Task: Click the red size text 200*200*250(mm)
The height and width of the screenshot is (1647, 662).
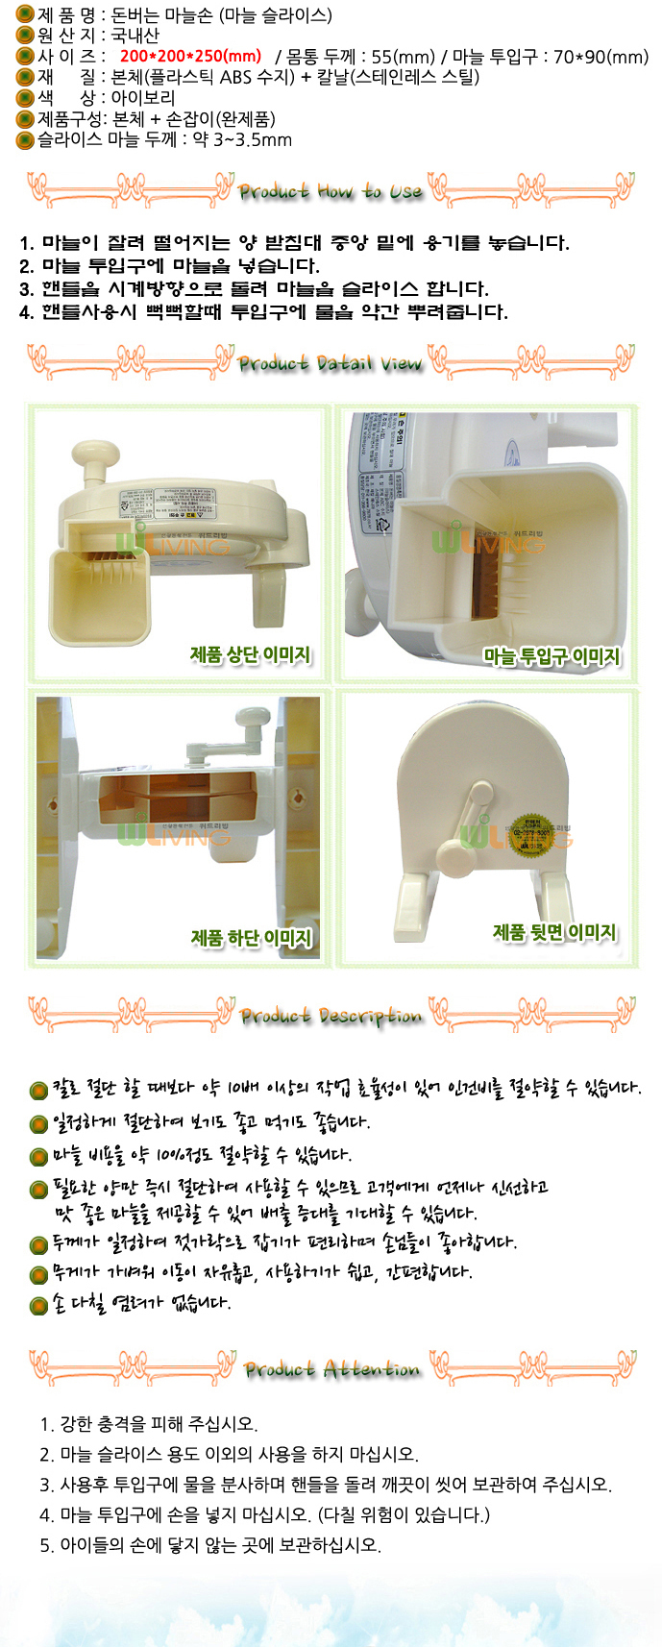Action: pos(190,57)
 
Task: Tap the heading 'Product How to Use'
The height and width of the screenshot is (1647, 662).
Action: pos(330,191)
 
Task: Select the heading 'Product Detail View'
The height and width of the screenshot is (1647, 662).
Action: pos(330,363)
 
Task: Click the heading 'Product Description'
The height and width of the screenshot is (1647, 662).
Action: pos(331,1015)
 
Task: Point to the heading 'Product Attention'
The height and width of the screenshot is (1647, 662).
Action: pos(331,1368)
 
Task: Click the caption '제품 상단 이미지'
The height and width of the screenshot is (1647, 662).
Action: pos(251,655)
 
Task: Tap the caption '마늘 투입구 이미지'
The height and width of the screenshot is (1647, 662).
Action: pos(552,656)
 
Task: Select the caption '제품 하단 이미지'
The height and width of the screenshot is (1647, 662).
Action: pos(252,938)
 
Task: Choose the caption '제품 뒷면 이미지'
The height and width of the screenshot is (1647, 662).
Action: pos(554,932)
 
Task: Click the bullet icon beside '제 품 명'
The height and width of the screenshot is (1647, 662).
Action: pos(25,14)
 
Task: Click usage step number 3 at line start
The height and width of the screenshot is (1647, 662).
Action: pos(26,289)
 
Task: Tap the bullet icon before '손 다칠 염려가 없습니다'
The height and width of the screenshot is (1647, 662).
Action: pos(38,1306)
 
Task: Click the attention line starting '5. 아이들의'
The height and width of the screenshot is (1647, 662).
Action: pos(210,1545)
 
